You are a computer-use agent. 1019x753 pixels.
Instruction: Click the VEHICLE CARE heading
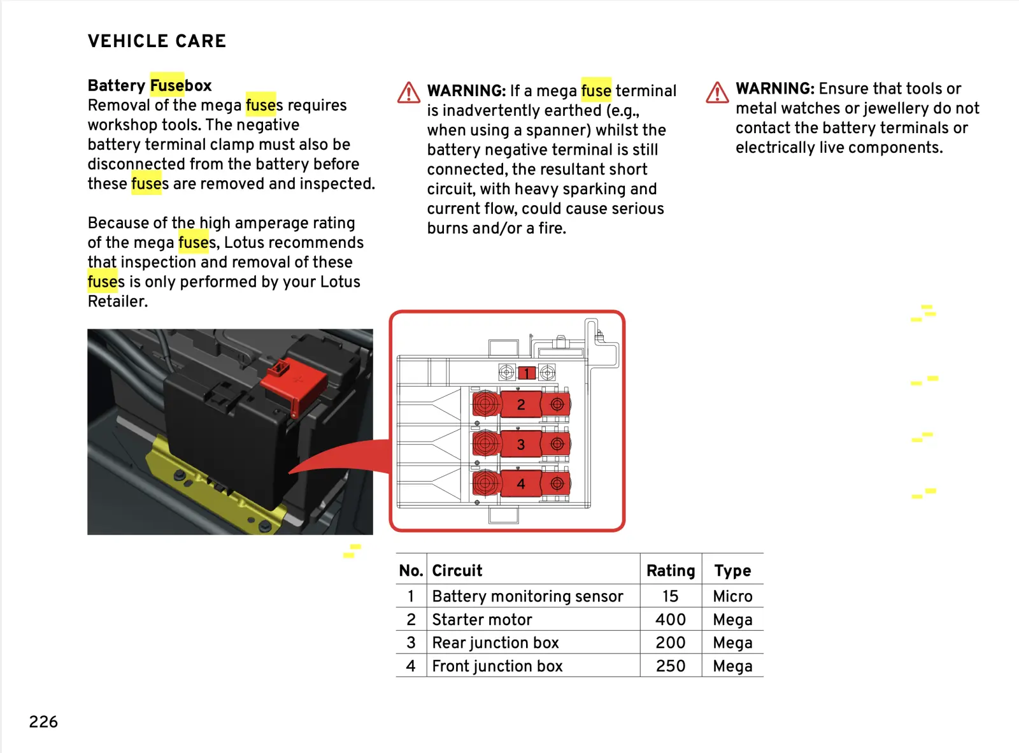pyautogui.click(x=157, y=41)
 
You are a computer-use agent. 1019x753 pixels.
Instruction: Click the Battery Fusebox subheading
pyautogui.click(x=150, y=85)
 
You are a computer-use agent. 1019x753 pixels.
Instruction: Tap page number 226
pyautogui.click(x=43, y=722)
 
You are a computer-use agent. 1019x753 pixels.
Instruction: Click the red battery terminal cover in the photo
pyautogui.click(x=292, y=382)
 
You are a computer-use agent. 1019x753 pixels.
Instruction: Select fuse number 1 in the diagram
pyautogui.click(x=526, y=373)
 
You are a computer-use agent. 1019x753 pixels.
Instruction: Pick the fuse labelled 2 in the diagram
pyautogui.click(x=521, y=405)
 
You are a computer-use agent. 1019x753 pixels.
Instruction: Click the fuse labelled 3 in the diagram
pyautogui.click(x=521, y=445)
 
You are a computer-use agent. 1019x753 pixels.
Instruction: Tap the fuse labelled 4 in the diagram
pyautogui.click(x=521, y=484)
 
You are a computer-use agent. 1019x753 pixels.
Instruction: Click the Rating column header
pyautogui.click(x=670, y=570)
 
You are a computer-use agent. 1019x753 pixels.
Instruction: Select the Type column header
pyautogui.click(x=732, y=570)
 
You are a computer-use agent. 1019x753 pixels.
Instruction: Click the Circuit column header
pyautogui.click(x=457, y=570)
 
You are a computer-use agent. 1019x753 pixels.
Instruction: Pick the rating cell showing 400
pyautogui.click(x=671, y=619)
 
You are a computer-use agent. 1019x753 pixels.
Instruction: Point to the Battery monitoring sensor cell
pyautogui.click(x=527, y=596)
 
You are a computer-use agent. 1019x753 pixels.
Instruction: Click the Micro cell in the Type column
pyautogui.click(x=732, y=596)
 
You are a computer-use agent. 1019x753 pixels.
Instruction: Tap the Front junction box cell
pyautogui.click(x=497, y=666)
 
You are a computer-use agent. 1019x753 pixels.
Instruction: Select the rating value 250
pyautogui.click(x=671, y=666)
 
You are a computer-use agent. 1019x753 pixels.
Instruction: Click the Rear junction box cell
pyautogui.click(x=495, y=643)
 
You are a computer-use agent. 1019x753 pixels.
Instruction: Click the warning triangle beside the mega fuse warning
pyautogui.click(x=409, y=93)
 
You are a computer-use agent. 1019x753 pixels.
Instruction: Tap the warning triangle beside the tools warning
pyautogui.click(x=717, y=92)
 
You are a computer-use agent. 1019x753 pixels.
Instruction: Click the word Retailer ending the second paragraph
pyautogui.click(x=117, y=301)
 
